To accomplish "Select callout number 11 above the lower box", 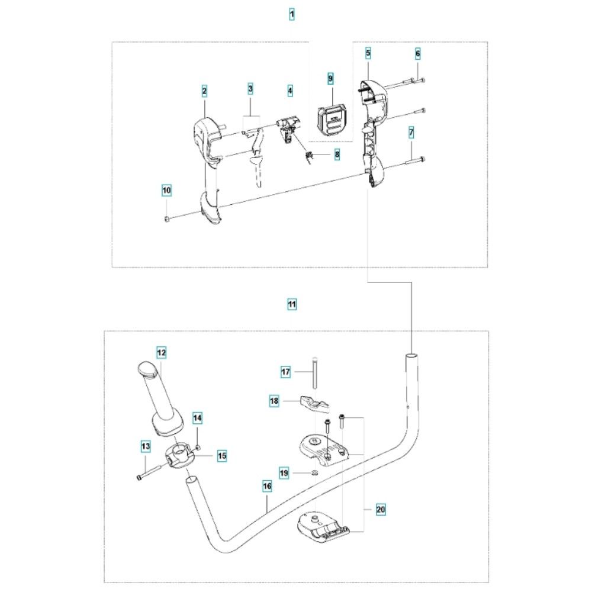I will [291, 304].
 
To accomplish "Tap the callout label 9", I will [331, 78].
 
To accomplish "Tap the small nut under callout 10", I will [166, 220].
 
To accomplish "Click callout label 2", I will [204, 91].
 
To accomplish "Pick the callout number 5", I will [368, 54].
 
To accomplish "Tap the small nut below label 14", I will [197, 446].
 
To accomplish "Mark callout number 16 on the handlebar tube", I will [267, 485].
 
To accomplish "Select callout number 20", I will [380, 509].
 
